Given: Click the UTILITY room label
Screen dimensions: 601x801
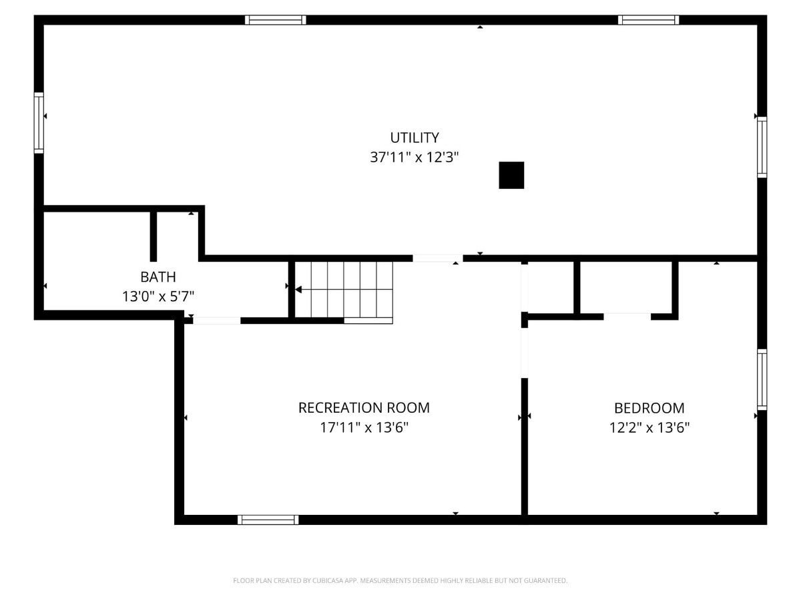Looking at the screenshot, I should [x=415, y=138].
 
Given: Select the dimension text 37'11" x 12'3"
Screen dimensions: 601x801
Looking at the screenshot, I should [x=415, y=158].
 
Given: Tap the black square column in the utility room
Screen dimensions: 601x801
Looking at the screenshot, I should [x=511, y=175].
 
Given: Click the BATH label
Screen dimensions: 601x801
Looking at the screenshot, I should [x=158, y=276].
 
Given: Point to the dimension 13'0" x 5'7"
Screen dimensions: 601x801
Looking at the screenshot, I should [x=158, y=296].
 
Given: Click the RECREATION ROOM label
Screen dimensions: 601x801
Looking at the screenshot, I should [x=364, y=407].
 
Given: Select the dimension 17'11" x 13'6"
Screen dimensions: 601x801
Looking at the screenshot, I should [x=364, y=427].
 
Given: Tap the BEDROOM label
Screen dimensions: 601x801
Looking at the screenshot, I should [x=649, y=408].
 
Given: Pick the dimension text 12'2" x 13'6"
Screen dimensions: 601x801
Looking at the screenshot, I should [x=649, y=427].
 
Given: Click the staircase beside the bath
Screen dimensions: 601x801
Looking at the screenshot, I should [x=344, y=290].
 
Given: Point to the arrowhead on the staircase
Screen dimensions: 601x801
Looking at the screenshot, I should [x=298, y=290].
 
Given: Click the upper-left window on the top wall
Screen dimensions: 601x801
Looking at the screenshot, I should [x=276, y=20].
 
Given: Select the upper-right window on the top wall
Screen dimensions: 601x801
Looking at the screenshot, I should [x=649, y=20].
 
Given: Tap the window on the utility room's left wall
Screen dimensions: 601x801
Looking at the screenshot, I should [x=39, y=123].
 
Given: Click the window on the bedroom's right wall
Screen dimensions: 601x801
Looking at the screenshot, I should [x=762, y=379].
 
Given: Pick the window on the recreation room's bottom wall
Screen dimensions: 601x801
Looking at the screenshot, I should [x=268, y=520].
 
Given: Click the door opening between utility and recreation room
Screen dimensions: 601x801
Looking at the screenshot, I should [x=437, y=258].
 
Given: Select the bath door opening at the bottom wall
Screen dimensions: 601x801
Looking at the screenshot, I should [x=216, y=321].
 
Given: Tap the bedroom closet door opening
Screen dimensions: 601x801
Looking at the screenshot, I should [x=627, y=317].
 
